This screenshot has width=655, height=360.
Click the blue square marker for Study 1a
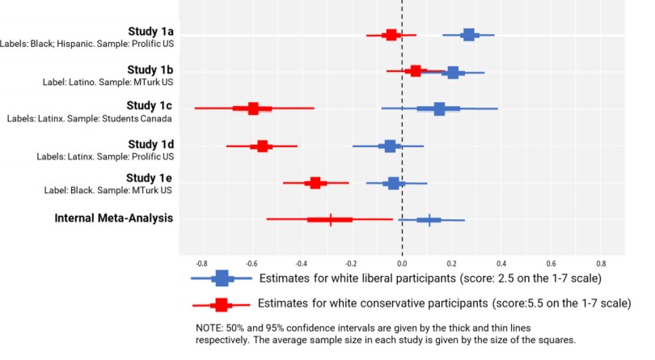point(468,34)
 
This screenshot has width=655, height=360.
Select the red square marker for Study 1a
point(391,35)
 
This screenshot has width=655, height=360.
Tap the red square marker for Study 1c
point(253,108)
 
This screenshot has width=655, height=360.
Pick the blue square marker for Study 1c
point(439,108)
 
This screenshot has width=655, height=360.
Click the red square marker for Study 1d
point(262,146)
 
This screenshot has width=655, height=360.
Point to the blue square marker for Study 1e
point(394,183)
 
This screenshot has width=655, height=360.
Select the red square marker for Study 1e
point(315,183)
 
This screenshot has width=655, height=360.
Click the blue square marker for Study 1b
point(453,72)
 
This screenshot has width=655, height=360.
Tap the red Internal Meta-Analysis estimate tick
point(331,219)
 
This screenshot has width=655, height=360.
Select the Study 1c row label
point(150,106)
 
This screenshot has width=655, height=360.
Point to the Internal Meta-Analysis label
point(114,218)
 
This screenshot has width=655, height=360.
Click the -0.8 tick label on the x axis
point(201,263)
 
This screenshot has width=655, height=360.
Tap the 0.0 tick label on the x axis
point(402,263)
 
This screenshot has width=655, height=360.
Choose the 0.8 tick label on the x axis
point(601,263)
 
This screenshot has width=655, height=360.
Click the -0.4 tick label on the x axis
point(301,263)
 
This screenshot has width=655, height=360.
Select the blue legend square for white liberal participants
point(222,279)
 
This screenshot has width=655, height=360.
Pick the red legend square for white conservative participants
point(220,305)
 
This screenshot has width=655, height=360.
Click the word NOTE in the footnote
point(209,328)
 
